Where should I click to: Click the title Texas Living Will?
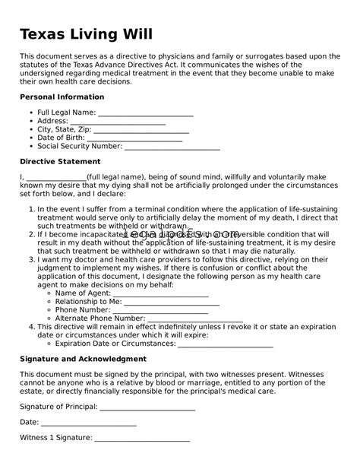[86, 34]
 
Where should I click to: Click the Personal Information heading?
[62, 97]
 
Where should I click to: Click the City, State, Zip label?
[65, 130]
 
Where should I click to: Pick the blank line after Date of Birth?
[134, 139]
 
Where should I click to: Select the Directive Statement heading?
[59, 162]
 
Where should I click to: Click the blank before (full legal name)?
[57, 178]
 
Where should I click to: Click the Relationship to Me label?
[89, 302]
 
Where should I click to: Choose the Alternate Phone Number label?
[100, 319]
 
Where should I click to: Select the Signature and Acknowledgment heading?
[83, 359]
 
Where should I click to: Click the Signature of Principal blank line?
[147, 407]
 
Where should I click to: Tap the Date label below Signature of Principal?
[29, 422]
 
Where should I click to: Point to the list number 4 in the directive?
[30, 327]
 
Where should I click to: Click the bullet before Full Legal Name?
[31, 113]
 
